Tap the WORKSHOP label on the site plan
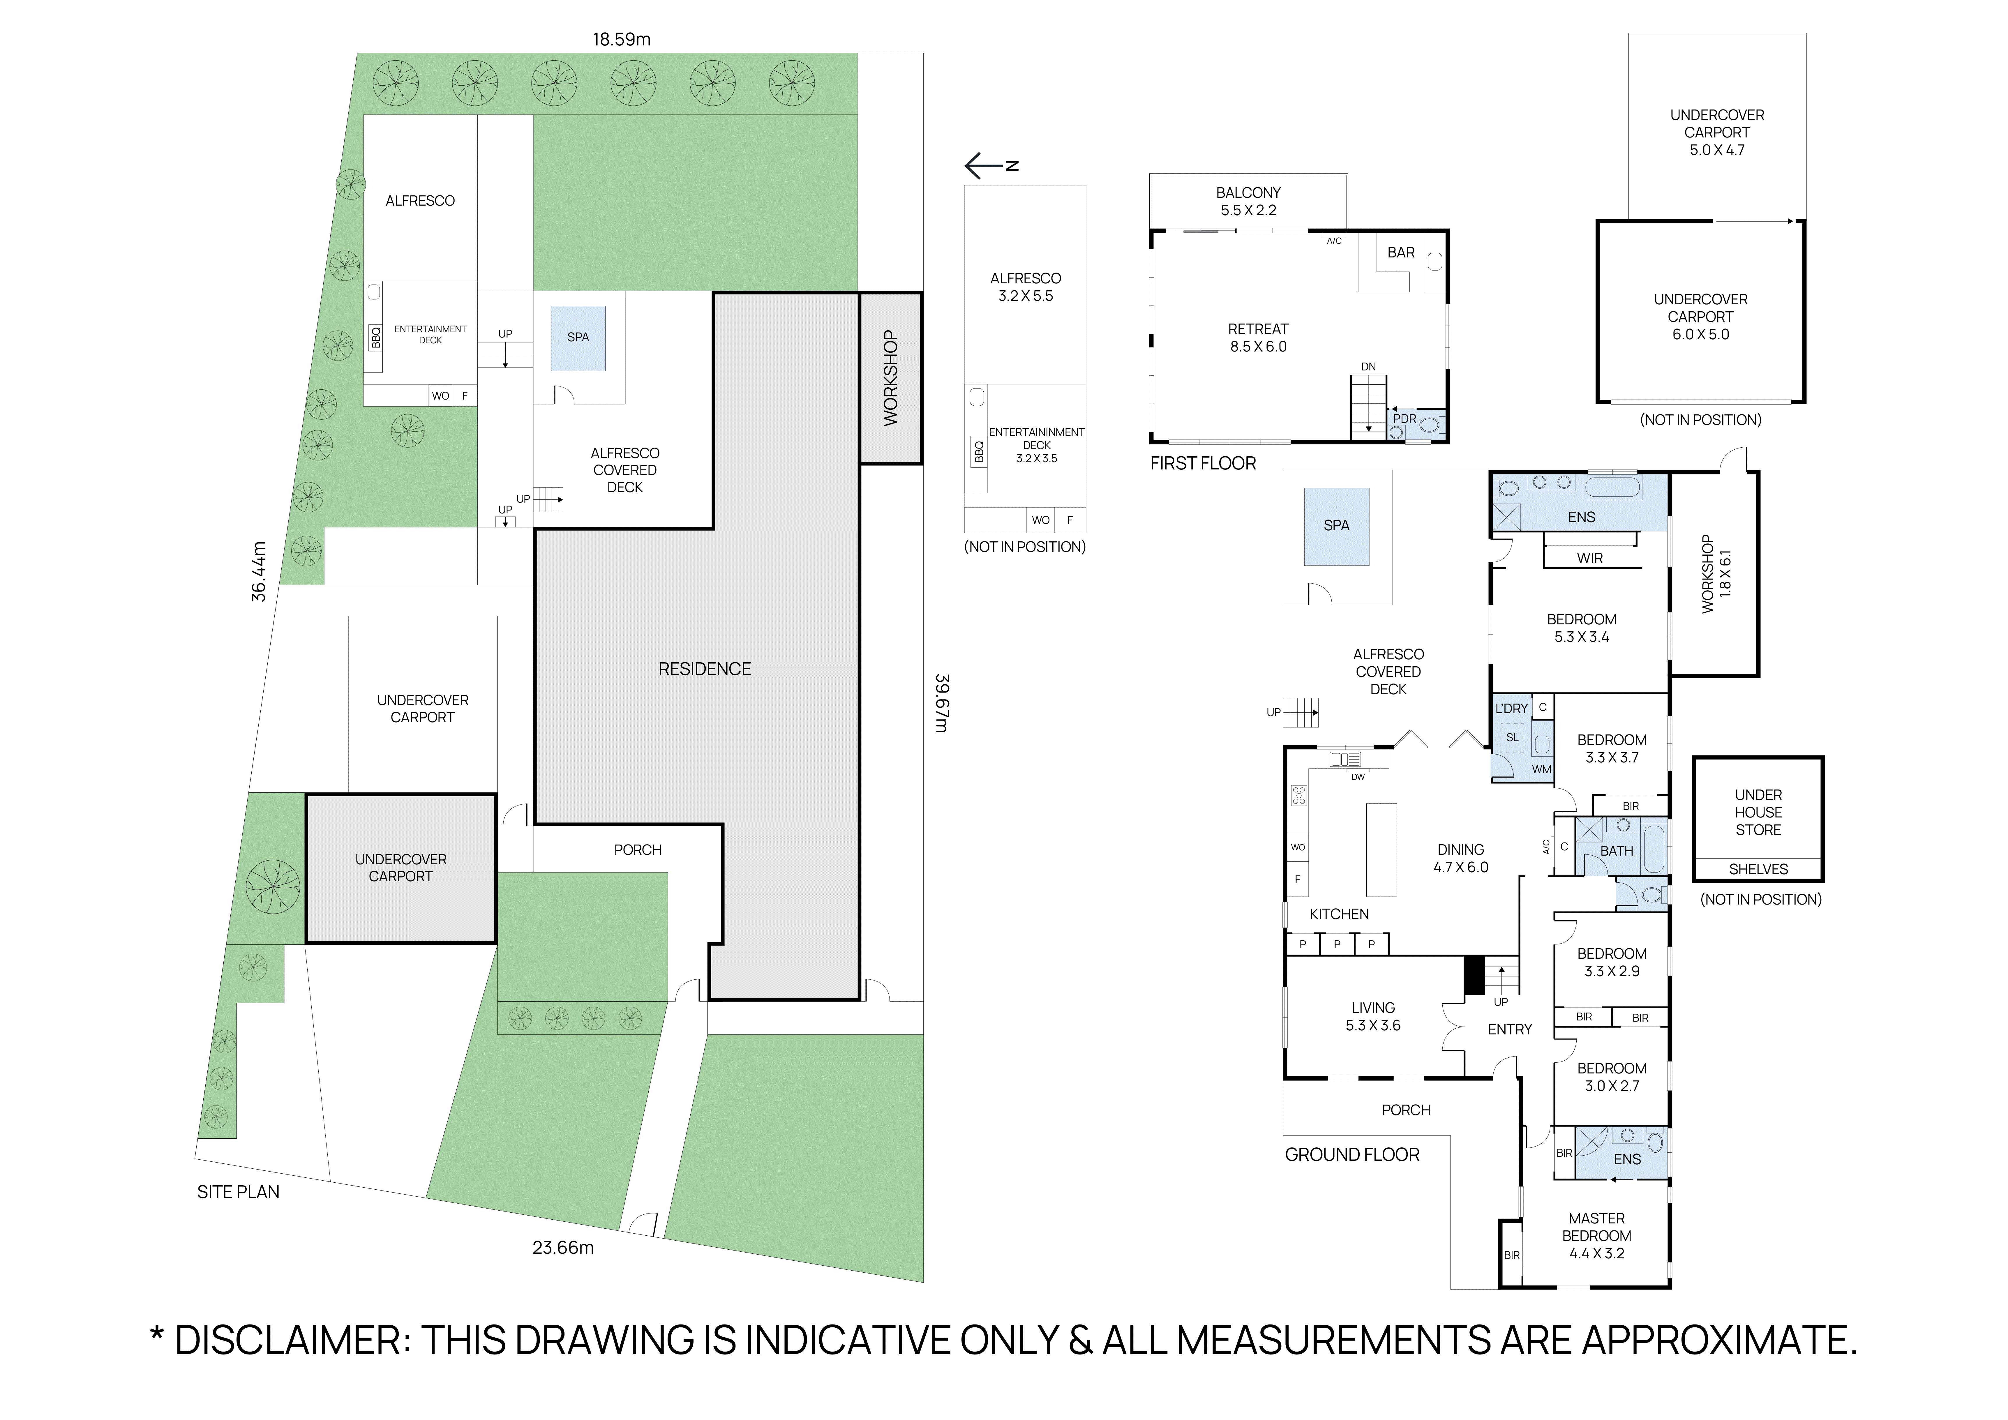click(x=890, y=378)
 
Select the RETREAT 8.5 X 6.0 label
click(x=1258, y=338)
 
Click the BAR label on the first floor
click(x=1400, y=253)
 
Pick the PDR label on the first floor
click(x=1404, y=419)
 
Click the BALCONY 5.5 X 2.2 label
click(x=1248, y=201)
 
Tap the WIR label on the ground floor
click(x=1589, y=558)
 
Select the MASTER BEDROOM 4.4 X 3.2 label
click(x=1596, y=1235)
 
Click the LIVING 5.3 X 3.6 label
click(x=1372, y=1016)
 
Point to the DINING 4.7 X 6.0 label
click(x=1460, y=858)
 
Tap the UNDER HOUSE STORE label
click(x=1758, y=812)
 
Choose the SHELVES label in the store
click(x=1758, y=869)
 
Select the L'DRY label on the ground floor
click(x=1511, y=708)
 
